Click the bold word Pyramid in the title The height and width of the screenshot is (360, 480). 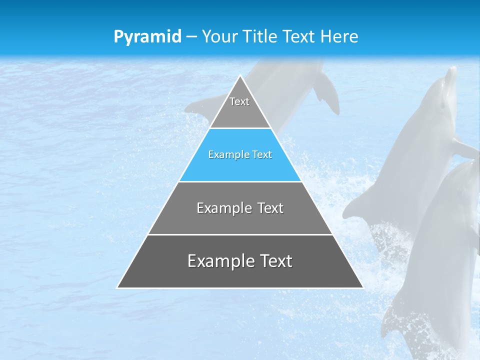147,37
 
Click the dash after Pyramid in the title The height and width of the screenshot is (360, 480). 191,37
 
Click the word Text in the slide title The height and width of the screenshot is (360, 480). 299,37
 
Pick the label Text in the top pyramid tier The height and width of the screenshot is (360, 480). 239,101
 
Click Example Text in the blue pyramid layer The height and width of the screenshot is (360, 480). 240,154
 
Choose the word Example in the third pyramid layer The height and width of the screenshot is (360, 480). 221,208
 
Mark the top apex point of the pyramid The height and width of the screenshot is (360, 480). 240,76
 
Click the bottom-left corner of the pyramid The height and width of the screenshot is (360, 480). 117,287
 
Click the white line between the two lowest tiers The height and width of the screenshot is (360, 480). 240,234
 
